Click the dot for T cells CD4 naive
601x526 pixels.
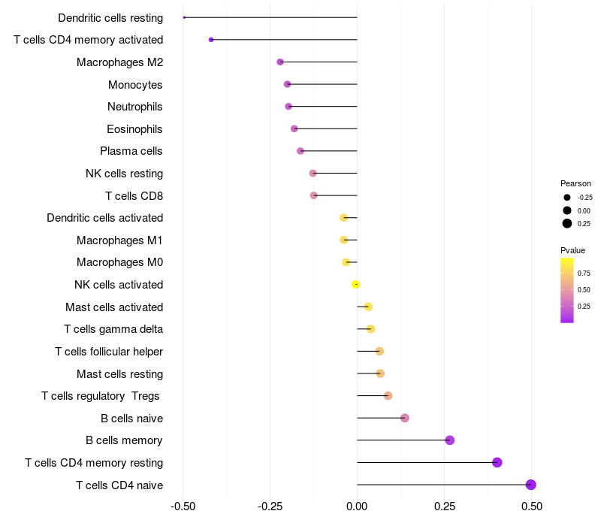tap(531, 485)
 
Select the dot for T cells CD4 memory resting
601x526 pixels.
tap(497, 462)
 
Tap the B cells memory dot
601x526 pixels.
tap(449, 440)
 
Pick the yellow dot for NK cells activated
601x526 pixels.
tap(356, 284)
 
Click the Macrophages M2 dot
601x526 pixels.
tap(280, 62)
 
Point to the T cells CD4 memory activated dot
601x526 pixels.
tap(211, 40)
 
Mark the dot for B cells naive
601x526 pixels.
tap(405, 418)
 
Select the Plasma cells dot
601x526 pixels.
tap(300, 151)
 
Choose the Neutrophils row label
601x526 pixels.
tap(135, 107)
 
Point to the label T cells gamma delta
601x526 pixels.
tap(113, 329)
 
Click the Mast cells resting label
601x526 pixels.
tap(119, 373)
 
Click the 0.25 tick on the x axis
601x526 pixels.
tap(444, 506)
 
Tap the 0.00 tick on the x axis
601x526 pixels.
tap(357, 506)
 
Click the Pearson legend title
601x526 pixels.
tap(575, 183)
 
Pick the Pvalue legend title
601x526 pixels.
tap(572, 250)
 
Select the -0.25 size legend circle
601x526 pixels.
tap(567, 198)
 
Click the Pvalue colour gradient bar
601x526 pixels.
tap(567, 290)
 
